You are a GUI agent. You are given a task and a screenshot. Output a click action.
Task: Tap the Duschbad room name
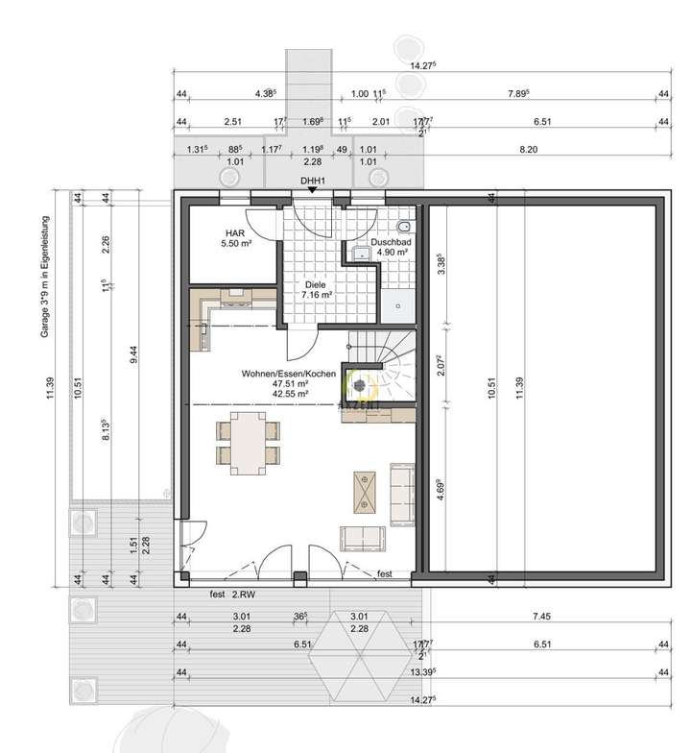pos(391,243)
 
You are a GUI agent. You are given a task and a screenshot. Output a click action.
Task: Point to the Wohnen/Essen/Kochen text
pos(290,372)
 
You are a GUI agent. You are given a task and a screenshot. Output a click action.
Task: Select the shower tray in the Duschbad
pos(397,304)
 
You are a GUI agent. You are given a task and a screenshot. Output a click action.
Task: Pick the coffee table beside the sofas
pos(366,491)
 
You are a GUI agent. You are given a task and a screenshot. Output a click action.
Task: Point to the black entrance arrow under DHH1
pos(311,190)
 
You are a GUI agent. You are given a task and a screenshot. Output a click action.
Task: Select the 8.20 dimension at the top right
pos(528,150)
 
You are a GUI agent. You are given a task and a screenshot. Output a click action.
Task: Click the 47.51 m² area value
pos(290,382)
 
